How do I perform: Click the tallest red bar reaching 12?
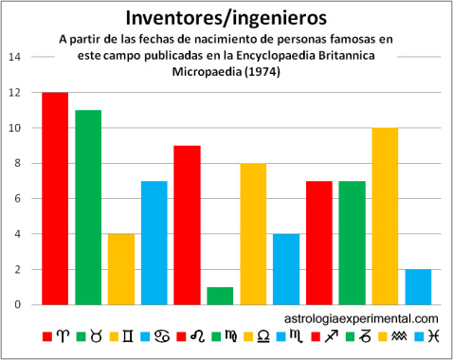[55, 198]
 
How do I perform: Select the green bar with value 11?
[88, 207]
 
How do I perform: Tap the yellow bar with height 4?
[121, 268]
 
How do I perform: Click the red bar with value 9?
[188, 225]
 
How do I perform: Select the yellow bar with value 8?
[253, 233]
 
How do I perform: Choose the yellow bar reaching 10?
[385, 216]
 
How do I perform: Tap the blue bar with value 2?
[418, 286]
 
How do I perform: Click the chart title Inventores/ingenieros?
[226, 18]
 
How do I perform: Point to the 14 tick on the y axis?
[14, 57]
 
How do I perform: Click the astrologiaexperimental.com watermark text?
[361, 319]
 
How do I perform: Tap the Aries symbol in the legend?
[63, 337]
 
